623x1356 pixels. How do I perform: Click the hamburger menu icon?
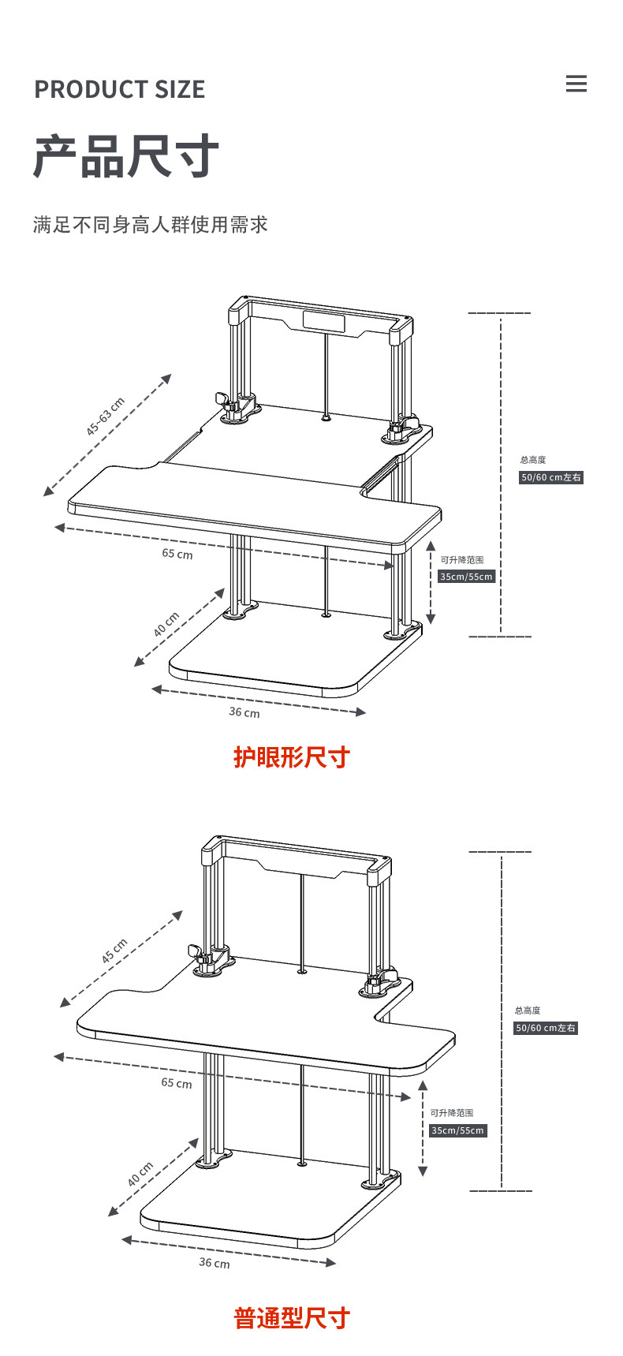click(x=576, y=84)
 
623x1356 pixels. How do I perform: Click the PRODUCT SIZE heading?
click(x=119, y=90)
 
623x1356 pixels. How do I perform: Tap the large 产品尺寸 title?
click(x=125, y=156)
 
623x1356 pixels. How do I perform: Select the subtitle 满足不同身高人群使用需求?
click(x=151, y=225)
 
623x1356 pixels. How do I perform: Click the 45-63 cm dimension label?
click(x=106, y=417)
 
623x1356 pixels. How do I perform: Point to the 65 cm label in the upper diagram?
click(x=177, y=554)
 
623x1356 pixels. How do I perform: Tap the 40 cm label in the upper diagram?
click(x=166, y=625)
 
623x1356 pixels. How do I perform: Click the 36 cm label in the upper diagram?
click(x=244, y=712)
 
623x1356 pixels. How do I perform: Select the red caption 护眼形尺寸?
click(x=291, y=757)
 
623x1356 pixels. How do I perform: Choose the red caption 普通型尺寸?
click(x=291, y=1318)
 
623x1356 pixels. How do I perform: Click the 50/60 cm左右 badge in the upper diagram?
click(x=551, y=477)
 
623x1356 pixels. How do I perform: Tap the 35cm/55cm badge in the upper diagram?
click(x=467, y=577)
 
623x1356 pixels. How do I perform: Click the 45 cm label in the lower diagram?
click(x=114, y=951)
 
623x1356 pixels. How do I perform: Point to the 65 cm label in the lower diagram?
click(x=177, y=1083)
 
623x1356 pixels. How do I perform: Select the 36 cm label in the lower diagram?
click(x=215, y=1263)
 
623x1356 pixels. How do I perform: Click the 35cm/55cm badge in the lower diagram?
click(x=458, y=1130)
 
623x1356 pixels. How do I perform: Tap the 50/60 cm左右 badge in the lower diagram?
click(x=547, y=1028)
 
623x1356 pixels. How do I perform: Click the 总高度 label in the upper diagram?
click(x=533, y=460)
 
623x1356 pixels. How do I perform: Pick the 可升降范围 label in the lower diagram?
click(x=452, y=1113)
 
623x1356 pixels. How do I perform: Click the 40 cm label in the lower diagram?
click(x=140, y=1175)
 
